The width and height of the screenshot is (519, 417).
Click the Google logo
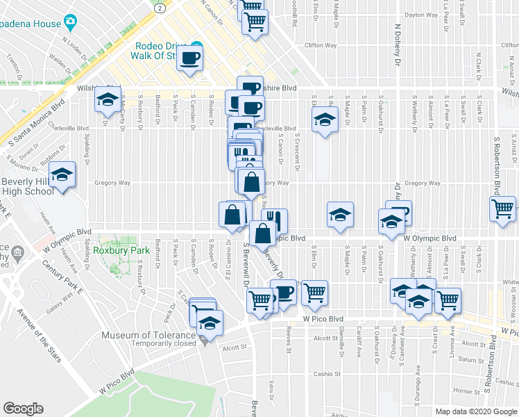click(x=24, y=408)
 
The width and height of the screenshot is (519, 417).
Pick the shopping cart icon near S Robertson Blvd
click(x=502, y=208)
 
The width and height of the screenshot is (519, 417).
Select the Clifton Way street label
click(x=321, y=45)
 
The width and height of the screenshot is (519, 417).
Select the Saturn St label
click(x=470, y=360)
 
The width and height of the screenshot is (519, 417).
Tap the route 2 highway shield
click(x=160, y=7)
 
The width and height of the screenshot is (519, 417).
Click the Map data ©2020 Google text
click(x=475, y=411)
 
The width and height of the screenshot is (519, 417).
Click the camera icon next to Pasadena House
click(x=70, y=22)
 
